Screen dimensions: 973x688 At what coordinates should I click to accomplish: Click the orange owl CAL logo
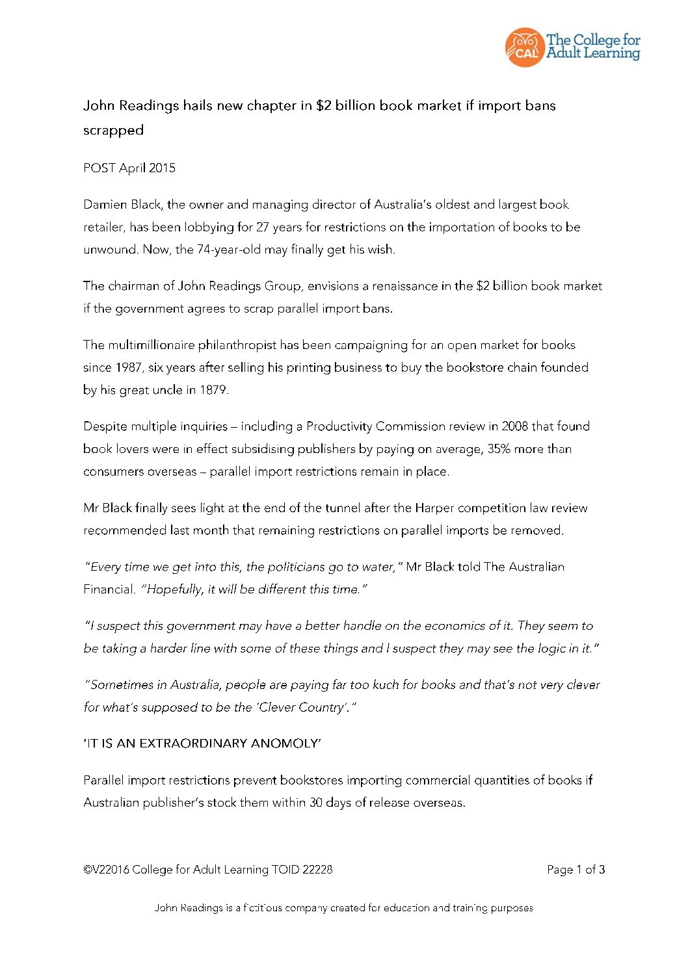point(524,47)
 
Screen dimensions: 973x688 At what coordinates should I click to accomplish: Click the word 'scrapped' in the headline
point(113,130)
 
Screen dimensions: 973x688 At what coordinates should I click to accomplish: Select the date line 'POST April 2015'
point(129,168)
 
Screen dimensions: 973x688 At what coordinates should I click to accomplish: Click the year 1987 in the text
point(129,368)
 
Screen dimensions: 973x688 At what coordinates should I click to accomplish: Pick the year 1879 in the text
point(213,390)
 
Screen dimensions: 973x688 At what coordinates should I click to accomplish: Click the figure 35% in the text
point(499,449)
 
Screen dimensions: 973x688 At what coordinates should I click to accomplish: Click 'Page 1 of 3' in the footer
point(576,870)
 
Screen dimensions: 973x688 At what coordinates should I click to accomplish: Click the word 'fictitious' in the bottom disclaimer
point(263,908)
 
